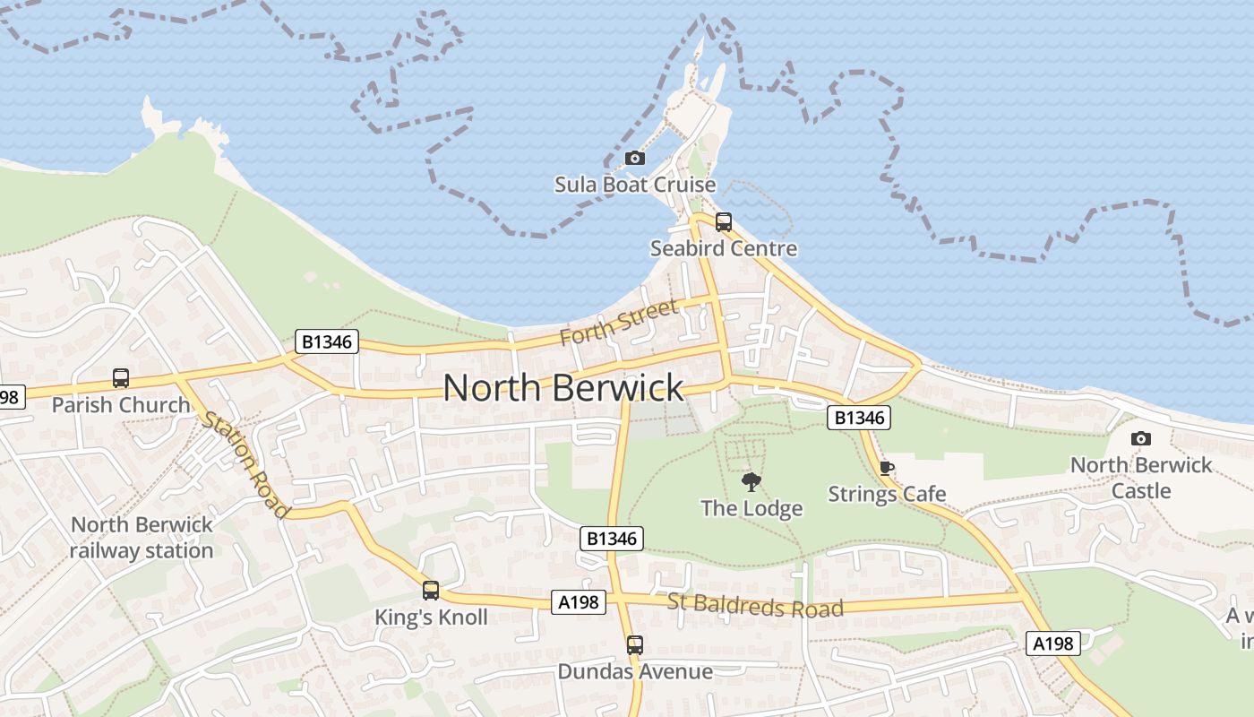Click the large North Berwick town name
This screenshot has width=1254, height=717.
tap(563, 387)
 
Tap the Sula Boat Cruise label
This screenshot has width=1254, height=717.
tap(635, 185)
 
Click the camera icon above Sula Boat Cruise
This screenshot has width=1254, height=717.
tap(635, 159)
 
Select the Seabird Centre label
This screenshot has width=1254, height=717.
tap(723, 248)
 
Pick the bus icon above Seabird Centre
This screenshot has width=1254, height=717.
tap(724, 221)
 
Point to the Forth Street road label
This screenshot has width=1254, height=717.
tap(619, 323)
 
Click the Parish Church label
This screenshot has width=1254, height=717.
tap(121, 405)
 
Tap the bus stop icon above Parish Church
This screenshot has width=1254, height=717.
tap(121, 378)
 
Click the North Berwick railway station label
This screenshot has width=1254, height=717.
tap(142, 538)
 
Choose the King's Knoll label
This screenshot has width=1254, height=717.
tap(431, 618)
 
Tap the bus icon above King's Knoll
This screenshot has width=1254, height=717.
tap(431, 591)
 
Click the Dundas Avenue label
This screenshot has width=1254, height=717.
tap(635, 671)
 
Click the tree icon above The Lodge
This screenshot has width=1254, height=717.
tap(751, 482)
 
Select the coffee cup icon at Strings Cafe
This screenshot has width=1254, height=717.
tap(887, 468)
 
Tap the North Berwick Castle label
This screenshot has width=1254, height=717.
tap(1140, 478)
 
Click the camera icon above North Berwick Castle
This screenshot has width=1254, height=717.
tap(1140, 438)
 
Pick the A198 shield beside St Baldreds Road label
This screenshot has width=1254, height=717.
tap(578, 602)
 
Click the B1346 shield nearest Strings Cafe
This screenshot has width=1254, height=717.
tap(859, 417)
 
